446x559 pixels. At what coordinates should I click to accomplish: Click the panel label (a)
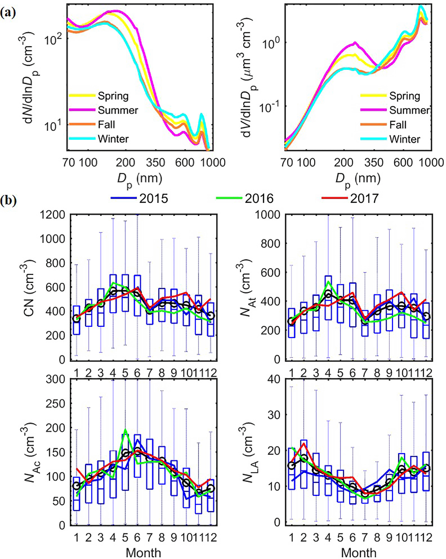(8, 13)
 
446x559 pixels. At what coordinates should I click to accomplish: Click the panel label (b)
(8, 200)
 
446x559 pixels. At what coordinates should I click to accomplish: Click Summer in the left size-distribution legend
(118, 110)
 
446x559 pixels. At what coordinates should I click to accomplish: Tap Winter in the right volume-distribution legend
(404, 139)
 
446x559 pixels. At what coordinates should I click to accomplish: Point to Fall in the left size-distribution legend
(106, 125)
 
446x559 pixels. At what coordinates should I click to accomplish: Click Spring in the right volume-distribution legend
(404, 96)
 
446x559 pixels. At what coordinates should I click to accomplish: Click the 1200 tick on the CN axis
(52, 215)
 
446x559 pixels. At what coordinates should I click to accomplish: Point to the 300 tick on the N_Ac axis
(55, 379)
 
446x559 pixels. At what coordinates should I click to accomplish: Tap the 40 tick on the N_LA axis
(274, 379)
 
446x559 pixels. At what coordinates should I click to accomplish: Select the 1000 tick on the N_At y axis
(267, 215)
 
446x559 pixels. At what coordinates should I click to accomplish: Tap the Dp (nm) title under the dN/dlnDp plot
(140, 179)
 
